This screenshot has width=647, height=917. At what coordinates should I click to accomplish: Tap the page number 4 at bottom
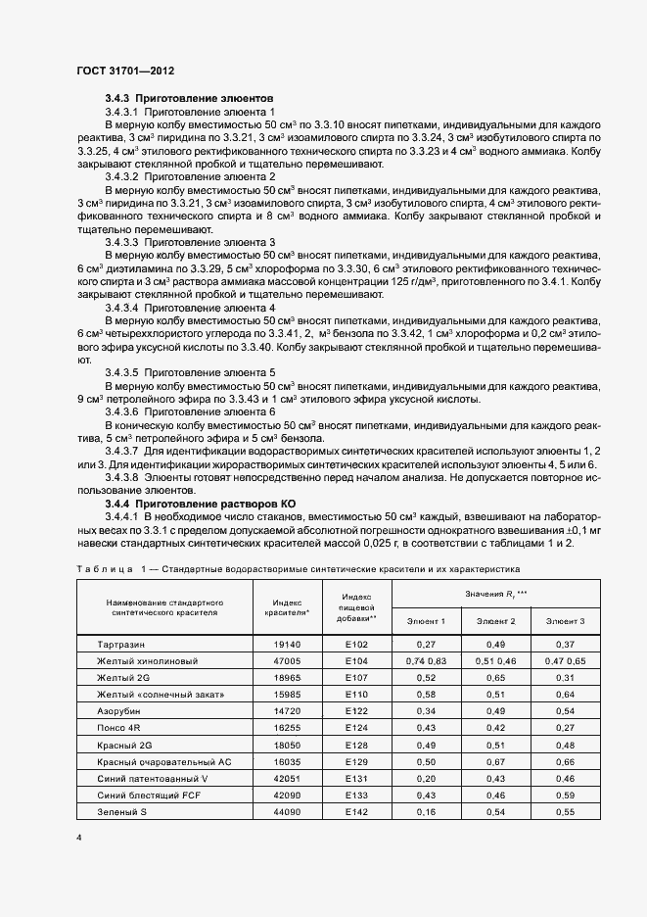(78, 838)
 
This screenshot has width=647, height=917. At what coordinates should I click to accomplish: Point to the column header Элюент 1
(426, 621)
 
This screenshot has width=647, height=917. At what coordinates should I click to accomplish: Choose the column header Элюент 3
(565, 621)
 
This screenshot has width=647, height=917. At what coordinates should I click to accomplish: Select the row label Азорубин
(118, 710)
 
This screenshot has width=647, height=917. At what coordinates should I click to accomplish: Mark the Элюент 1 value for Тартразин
(426, 645)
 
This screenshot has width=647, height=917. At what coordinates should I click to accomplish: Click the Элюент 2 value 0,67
(495, 761)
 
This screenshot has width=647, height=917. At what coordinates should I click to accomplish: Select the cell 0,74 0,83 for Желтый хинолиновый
(426, 661)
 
